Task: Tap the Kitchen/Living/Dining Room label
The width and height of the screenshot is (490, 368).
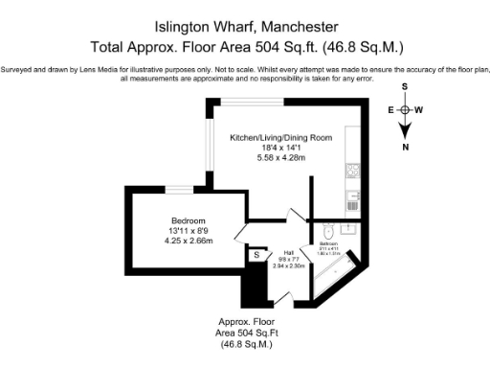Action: [280, 137]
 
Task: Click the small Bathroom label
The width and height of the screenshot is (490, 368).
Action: [329, 244]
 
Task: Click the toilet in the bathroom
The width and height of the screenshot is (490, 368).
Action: [327, 231]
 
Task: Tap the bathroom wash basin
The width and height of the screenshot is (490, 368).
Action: [349, 230]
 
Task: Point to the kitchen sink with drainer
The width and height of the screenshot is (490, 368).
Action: [353, 199]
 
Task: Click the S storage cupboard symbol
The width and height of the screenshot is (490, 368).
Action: [256, 255]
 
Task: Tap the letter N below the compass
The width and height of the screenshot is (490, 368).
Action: [406, 148]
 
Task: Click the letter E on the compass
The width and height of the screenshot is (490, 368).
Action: [390, 109]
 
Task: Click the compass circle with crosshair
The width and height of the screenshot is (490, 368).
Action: [406, 109]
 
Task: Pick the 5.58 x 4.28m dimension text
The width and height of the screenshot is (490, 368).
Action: [280, 157]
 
